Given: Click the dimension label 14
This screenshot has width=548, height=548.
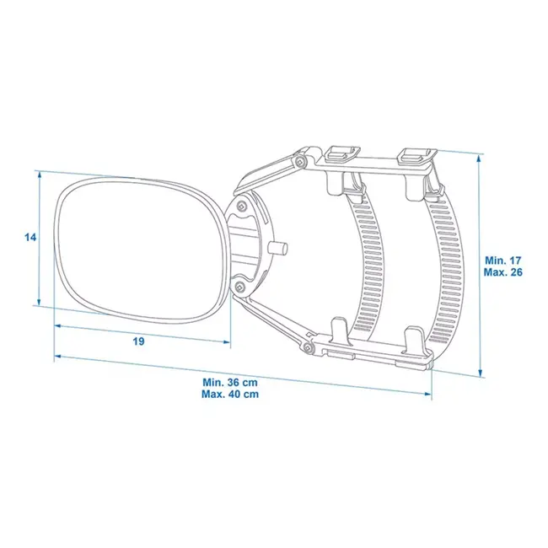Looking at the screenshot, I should pos(30,239).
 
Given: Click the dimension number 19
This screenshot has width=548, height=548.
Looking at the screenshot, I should pos(139,341).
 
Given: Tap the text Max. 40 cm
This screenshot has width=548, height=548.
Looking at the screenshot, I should pos(230,394).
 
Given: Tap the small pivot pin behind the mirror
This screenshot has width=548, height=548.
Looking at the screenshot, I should pos(280,250).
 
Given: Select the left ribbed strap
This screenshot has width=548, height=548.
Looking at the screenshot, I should pos(369,261).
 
